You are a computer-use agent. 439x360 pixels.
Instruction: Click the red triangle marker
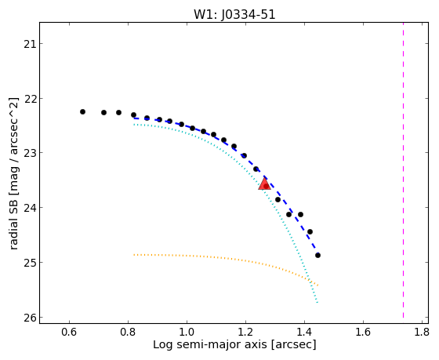pos(265,184)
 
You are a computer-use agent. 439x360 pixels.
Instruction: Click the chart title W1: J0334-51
pos(234,15)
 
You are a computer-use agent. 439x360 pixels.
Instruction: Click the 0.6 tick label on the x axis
pos(69,332)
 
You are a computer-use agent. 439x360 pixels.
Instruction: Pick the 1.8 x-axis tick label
pos(422,332)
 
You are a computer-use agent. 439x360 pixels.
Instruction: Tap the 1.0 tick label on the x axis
pos(187,332)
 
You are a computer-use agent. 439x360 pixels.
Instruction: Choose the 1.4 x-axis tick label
pos(304,332)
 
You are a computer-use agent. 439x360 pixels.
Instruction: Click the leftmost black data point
pos(82,112)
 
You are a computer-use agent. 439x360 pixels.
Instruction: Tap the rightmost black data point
pos(317,255)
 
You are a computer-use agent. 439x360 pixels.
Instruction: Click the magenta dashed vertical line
pos(403,170)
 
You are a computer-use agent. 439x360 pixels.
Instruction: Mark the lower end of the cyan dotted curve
pos(317,303)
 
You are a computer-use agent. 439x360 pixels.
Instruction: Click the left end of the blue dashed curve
pos(134,118)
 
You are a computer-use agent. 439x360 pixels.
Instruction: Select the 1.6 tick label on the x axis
pos(363,332)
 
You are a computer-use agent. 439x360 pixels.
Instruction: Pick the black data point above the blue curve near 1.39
pos(301,215)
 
